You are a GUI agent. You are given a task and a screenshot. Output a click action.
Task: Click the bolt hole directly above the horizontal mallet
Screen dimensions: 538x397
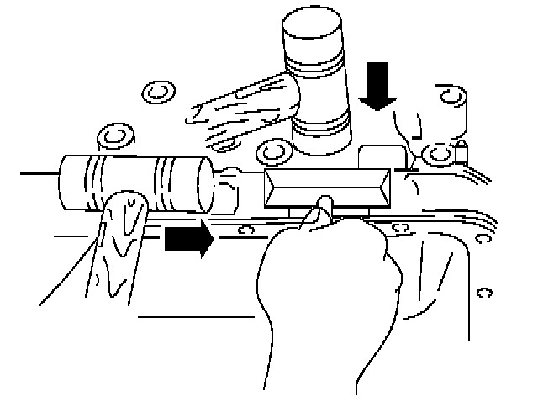click(112, 135)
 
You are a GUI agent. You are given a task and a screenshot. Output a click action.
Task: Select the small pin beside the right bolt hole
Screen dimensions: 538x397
click(461, 152)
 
